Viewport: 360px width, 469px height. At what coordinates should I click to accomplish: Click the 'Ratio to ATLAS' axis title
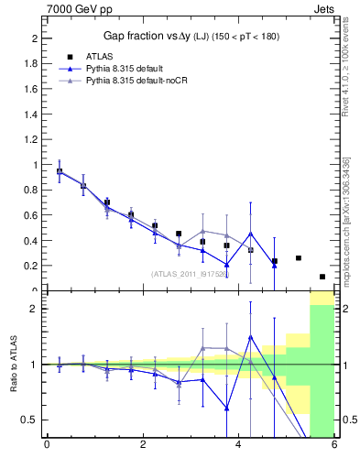pos(13,365)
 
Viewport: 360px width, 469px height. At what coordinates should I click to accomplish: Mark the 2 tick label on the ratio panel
pos(32,309)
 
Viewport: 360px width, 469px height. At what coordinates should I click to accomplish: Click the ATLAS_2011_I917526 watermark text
pos(191,274)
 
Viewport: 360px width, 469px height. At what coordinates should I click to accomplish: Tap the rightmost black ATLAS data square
pos(322,277)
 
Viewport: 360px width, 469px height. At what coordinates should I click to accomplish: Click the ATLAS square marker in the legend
pos(70,57)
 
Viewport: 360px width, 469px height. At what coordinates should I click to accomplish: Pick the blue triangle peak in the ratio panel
pos(250,337)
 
